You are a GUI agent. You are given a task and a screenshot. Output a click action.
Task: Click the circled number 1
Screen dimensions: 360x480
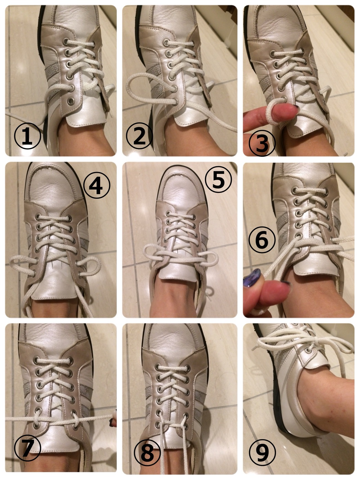tap(27, 136)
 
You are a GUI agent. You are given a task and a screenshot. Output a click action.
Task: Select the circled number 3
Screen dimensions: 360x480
tap(262, 143)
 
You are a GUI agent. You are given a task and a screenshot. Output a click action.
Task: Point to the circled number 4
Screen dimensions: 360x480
tap(97, 185)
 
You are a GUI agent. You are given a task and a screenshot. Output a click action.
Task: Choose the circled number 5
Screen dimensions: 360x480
tap(218, 179)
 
